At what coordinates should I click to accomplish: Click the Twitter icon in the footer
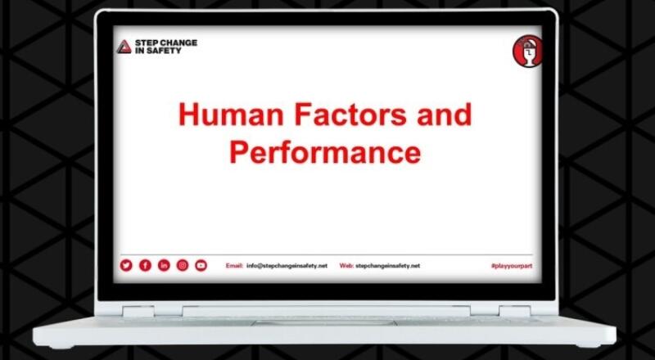click(126, 265)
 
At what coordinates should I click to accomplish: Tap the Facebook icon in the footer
click(145, 265)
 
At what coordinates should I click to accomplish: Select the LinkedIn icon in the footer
click(164, 265)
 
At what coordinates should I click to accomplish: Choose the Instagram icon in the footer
click(183, 265)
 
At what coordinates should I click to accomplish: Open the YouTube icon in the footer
click(201, 265)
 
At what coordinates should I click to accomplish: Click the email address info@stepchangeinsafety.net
click(287, 266)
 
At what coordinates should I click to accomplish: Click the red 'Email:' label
click(234, 266)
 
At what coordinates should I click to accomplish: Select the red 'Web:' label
click(346, 266)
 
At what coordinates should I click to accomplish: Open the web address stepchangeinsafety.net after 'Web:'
click(388, 266)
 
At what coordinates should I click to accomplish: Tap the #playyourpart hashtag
click(510, 266)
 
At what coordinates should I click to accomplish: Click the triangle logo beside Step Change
click(123, 46)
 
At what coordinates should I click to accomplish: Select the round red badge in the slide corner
click(524, 51)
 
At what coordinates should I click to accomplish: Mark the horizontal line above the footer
click(327, 254)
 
